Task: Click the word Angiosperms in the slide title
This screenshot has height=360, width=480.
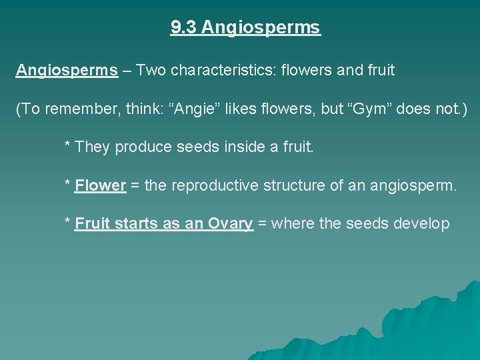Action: click(x=261, y=28)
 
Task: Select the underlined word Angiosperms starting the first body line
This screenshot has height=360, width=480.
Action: click(x=67, y=70)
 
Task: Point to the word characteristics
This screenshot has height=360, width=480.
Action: click(x=221, y=70)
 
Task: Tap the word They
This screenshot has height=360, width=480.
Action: click(x=93, y=147)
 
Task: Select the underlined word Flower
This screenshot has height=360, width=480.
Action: click(x=101, y=185)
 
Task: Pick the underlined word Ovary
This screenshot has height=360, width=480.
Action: click(x=230, y=224)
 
